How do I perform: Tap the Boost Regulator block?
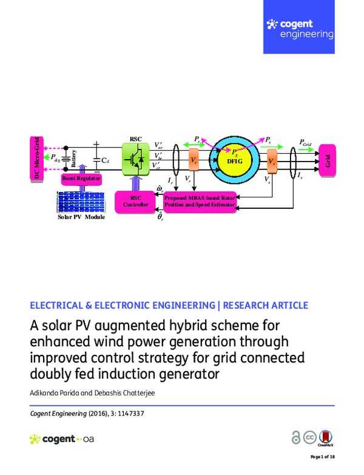[x=81, y=180]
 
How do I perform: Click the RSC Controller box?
[x=135, y=200]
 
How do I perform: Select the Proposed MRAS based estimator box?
[x=201, y=201]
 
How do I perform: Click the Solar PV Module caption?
[x=81, y=217]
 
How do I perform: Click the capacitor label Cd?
[x=105, y=160]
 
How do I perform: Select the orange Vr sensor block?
[x=194, y=160]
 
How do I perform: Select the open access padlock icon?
[x=296, y=438]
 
